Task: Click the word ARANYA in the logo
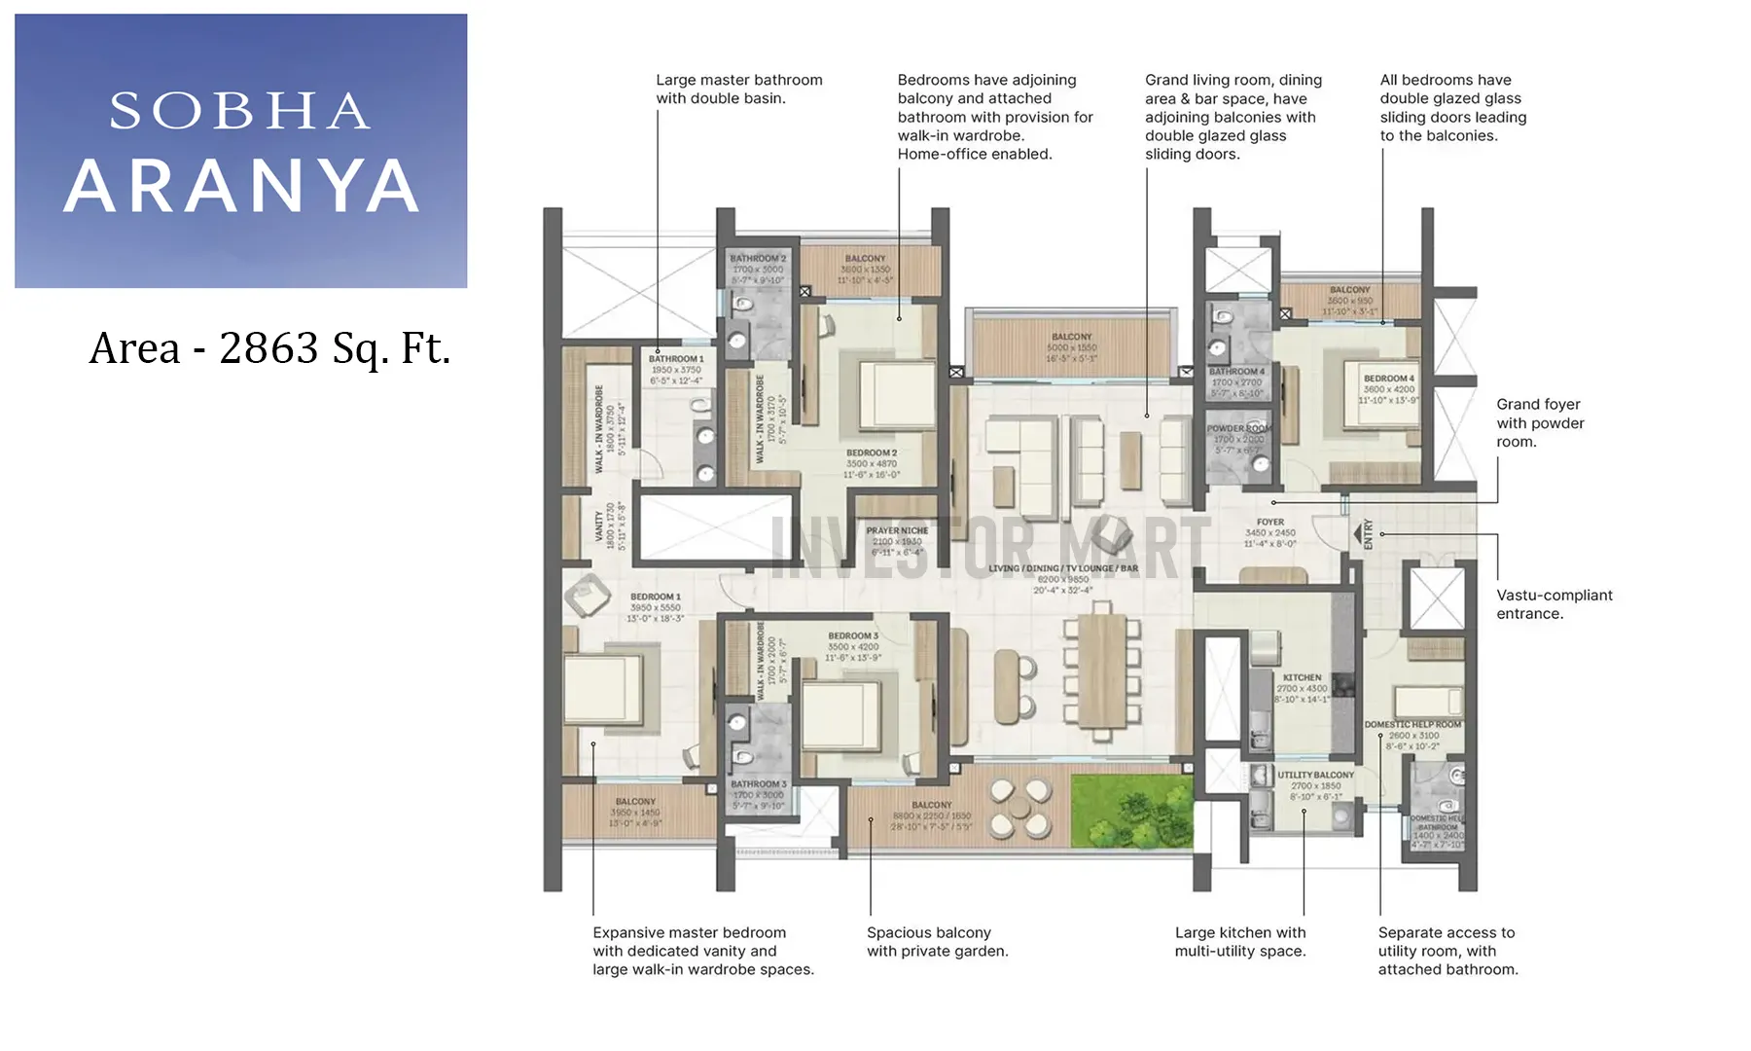point(241,186)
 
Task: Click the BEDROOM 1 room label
point(656,597)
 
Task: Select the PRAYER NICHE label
point(897,531)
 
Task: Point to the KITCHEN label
point(1302,677)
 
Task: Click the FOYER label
point(1269,523)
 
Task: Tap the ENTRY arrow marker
point(1358,534)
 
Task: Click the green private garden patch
point(1131,810)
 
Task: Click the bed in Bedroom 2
point(897,395)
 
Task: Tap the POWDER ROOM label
point(1238,428)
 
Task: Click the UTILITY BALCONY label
point(1315,776)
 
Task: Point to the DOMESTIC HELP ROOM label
point(1412,725)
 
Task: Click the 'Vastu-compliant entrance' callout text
point(1554,604)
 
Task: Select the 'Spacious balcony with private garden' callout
point(937,941)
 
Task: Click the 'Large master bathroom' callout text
point(738,89)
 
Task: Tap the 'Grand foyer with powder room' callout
point(1540,422)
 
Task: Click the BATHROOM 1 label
point(676,359)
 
